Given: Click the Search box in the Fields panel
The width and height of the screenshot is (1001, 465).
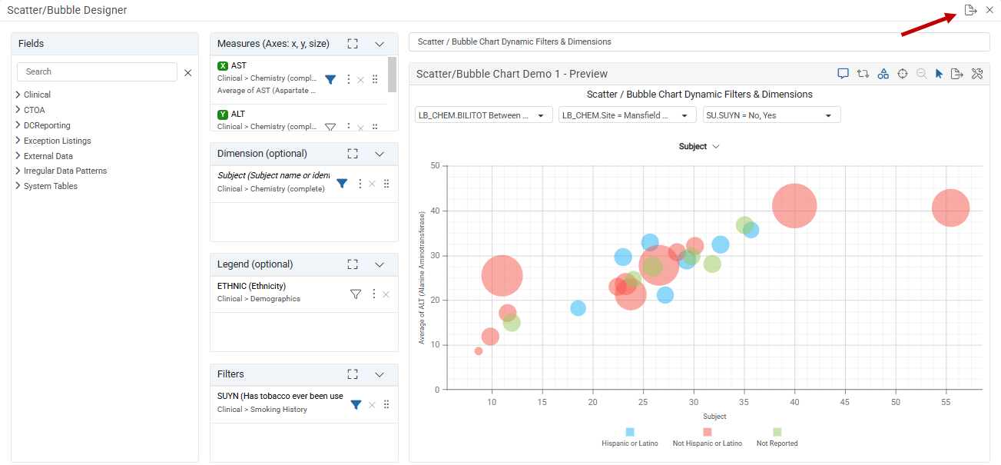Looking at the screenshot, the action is (97, 71).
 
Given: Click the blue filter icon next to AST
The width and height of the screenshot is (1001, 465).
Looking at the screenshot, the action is (330, 80).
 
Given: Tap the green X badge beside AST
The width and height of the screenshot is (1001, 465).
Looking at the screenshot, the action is (223, 66).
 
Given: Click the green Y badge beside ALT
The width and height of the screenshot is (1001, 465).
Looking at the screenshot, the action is (223, 115).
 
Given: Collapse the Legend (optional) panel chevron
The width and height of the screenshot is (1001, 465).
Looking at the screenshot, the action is (380, 264).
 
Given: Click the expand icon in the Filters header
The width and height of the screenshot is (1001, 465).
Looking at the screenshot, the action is (353, 374).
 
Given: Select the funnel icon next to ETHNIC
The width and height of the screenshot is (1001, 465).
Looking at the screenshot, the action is (356, 294).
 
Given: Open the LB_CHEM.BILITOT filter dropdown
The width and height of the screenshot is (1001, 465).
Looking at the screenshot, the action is (483, 115).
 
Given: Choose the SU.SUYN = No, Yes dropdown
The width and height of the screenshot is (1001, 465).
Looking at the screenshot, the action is (772, 115).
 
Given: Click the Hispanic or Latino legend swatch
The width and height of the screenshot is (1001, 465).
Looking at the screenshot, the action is (630, 432).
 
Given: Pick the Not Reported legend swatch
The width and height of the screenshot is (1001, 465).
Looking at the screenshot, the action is (777, 432).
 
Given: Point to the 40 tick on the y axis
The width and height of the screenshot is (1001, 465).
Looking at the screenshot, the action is (435, 211).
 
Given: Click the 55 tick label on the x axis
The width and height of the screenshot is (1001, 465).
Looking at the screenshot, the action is (946, 402).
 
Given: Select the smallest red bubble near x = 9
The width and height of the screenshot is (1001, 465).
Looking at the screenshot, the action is (479, 351).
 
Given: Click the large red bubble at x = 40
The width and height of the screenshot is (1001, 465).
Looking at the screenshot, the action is (794, 206).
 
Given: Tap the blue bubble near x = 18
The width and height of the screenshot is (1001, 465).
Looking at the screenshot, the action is (578, 308).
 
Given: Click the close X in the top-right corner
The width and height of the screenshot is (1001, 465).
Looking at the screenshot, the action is (989, 10).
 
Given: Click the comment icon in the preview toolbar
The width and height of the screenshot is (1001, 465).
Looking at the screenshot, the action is (843, 74).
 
